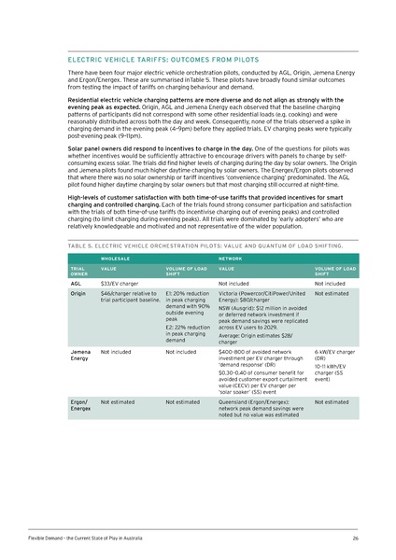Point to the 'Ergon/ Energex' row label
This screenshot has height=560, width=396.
coord(80,404)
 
